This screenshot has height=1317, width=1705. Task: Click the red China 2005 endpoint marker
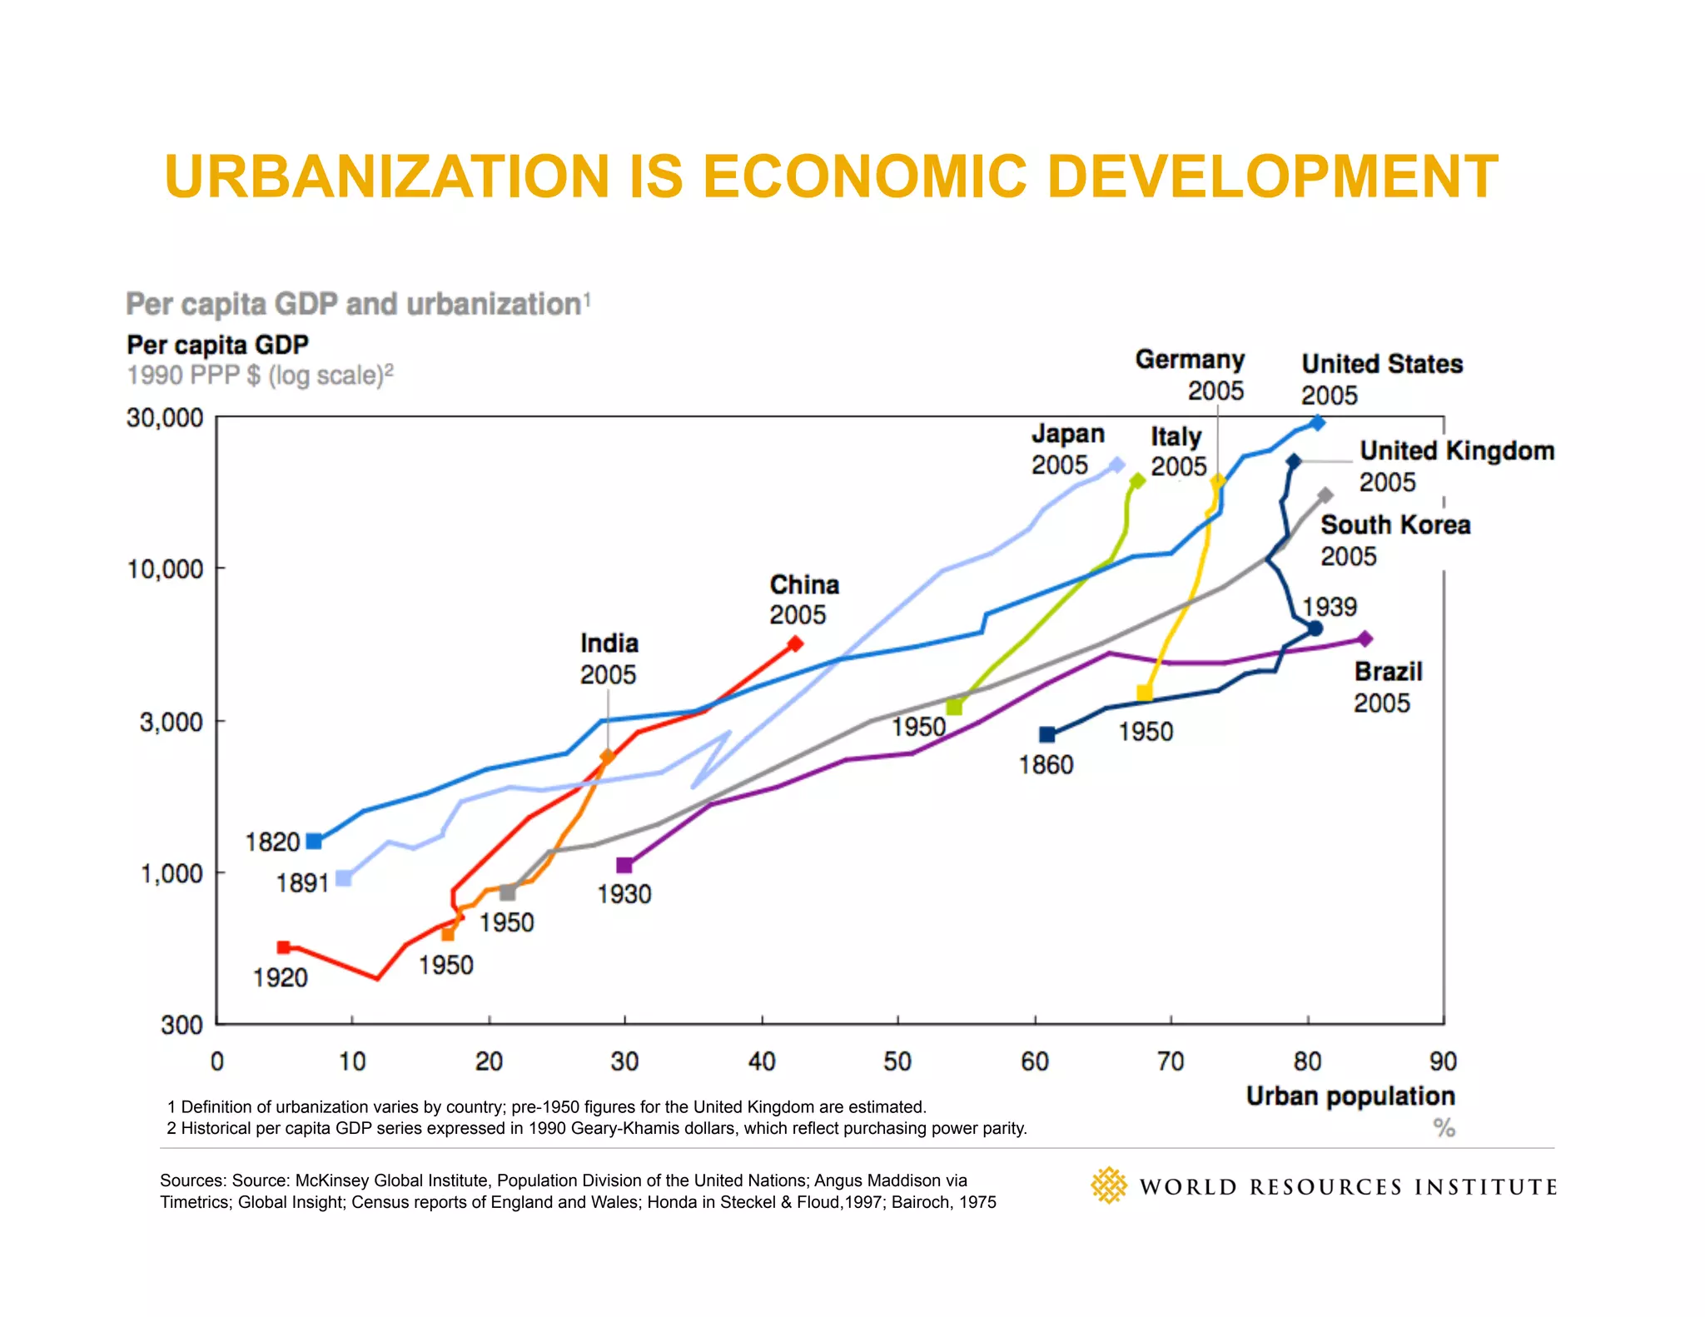coord(795,643)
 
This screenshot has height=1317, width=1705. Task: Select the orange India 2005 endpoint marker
coord(607,757)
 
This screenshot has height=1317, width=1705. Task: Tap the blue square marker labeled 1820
coord(314,842)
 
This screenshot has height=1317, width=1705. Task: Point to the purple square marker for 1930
coord(624,866)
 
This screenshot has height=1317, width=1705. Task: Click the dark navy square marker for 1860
coord(1047,734)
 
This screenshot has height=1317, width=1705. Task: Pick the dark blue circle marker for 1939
coord(1315,629)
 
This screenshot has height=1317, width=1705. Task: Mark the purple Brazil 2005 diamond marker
coord(1364,639)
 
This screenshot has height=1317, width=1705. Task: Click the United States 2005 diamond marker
coord(1317,423)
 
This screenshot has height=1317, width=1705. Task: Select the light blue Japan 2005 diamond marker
coord(1117,465)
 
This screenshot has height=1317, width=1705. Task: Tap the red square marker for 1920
coord(284,947)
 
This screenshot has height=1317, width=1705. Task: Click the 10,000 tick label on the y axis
coord(165,569)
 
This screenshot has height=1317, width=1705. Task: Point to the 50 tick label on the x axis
coord(897,1061)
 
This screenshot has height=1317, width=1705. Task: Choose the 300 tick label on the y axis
coord(181,1025)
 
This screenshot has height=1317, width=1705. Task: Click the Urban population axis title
coord(1350,1096)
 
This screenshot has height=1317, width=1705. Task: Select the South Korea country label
coord(1395,525)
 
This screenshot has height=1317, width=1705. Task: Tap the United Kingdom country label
coord(1457,451)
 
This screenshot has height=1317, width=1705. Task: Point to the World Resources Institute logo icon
coord(1108,1185)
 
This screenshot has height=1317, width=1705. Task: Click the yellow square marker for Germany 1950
coord(1145,693)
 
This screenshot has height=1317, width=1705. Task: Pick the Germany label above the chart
coord(1190,360)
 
